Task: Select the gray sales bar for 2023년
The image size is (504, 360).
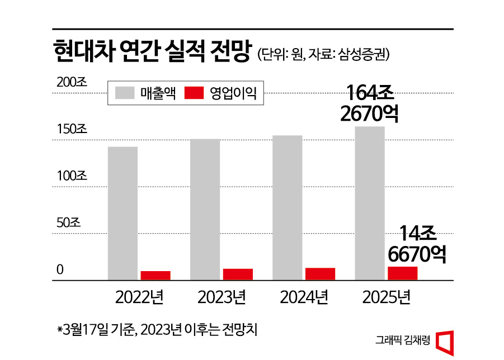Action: (205, 209)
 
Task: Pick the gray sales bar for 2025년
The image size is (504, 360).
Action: (369, 202)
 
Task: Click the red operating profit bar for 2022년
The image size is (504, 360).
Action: (155, 275)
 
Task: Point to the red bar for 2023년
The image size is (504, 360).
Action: (238, 274)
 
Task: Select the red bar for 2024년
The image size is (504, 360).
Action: (320, 273)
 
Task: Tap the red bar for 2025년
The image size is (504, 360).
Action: (402, 273)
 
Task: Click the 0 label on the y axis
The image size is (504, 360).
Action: (60, 269)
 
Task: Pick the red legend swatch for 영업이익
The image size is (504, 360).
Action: (194, 93)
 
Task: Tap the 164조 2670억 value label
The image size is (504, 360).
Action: (369, 103)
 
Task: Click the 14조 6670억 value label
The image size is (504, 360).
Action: (417, 244)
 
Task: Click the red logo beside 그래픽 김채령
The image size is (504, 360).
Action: (444, 341)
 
